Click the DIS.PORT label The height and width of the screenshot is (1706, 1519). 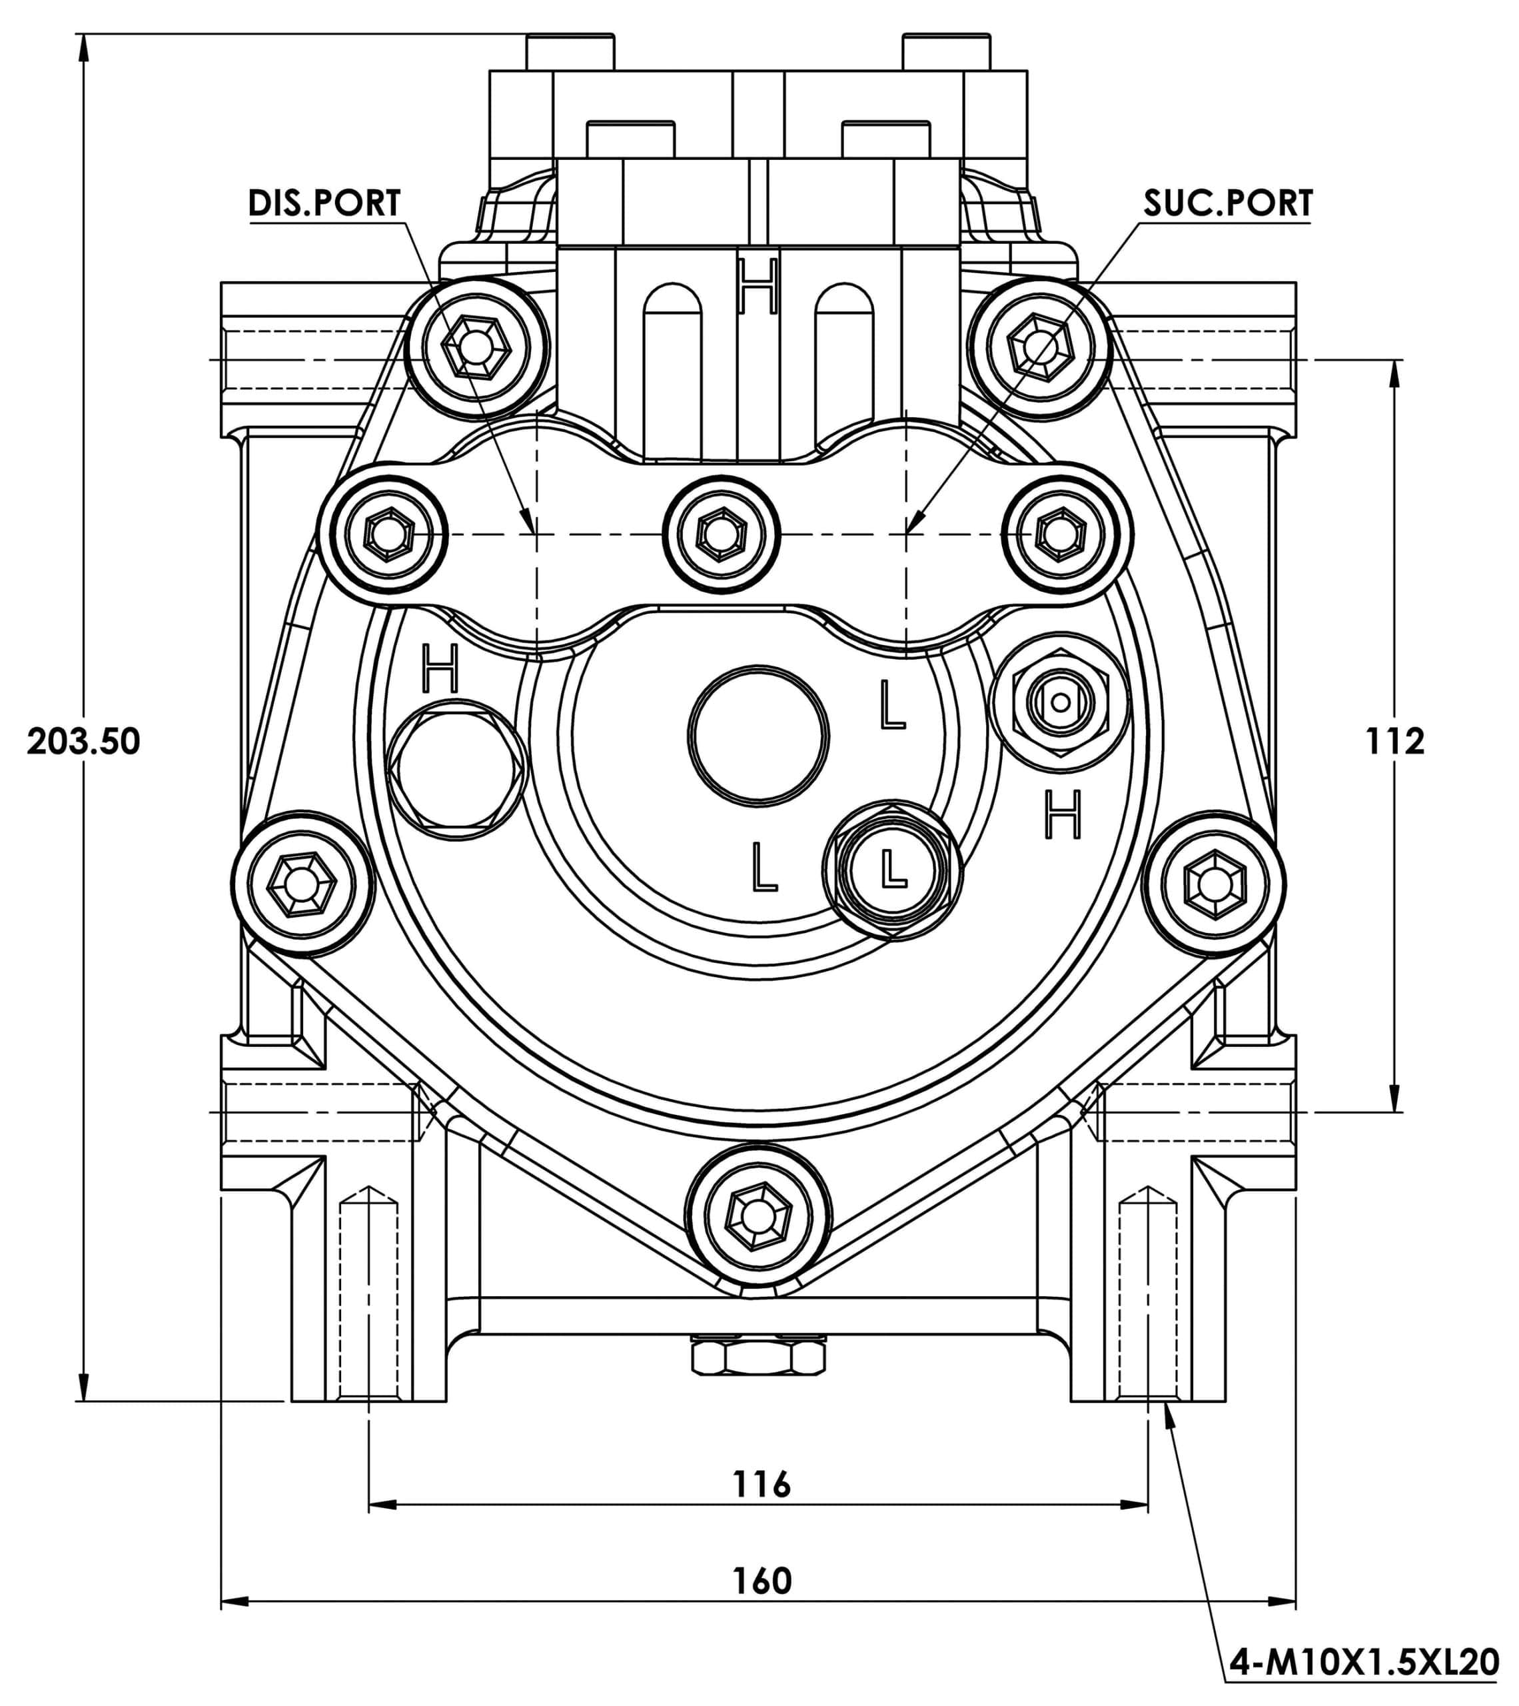(x=324, y=203)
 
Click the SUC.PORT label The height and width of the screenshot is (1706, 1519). (x=1228, y=203)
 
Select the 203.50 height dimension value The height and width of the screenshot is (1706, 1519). (x=83, y=741)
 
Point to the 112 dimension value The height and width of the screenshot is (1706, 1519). (x=1394, y=741)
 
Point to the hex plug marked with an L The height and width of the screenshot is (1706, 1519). (x=892, y=870)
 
